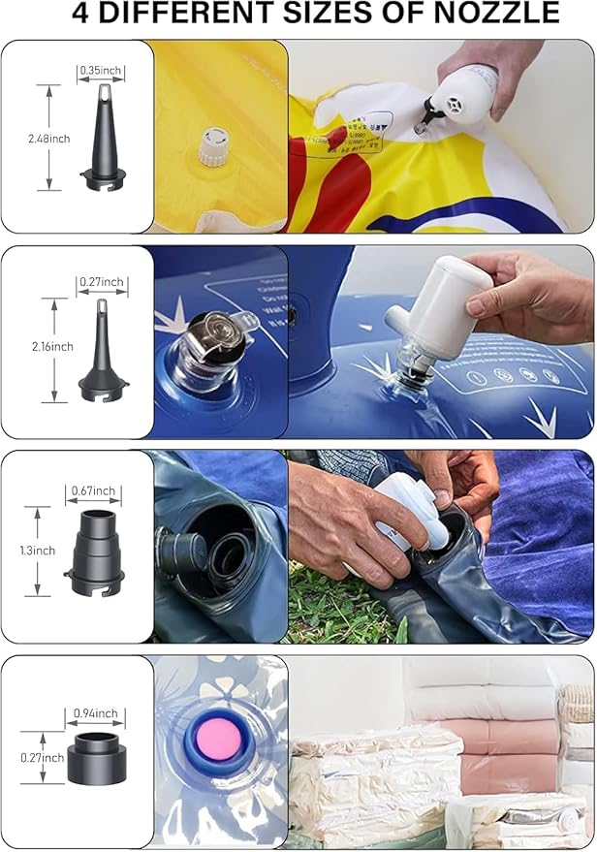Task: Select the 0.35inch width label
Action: [x=102, y=70]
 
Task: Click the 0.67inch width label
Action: [x=93, y=491]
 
